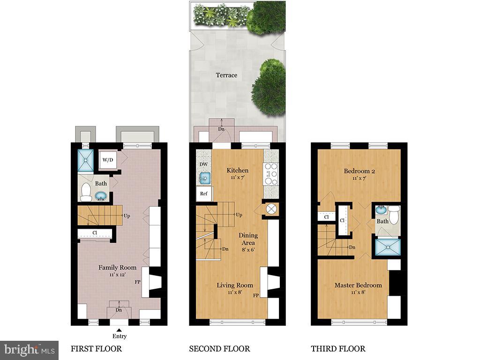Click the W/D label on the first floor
point(108,160)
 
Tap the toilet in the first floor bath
point(86,192)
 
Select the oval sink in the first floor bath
point(101,195)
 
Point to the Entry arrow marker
point(119,330)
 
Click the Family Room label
point(117,268)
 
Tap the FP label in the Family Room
point(137,282)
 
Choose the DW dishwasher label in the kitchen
point(203,164)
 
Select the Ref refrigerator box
point(204,194)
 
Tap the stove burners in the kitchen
point(271,174)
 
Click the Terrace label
point(226,75)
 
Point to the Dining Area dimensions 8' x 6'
point(248,249)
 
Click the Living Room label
point(235,285)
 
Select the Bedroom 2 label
point(359,171)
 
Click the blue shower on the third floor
point(388,247)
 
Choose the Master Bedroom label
point(358,285)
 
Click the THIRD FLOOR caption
point(338,349)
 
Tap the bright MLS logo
point(30,350)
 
